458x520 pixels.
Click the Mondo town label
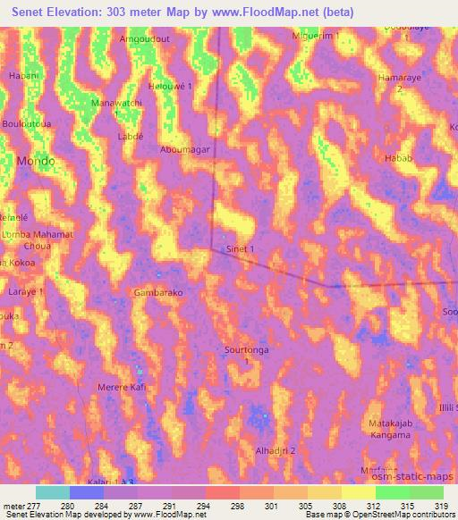point(36,161)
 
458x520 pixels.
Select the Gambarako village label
point(158,292)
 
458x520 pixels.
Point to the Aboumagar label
point(185,150)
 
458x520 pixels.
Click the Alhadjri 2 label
point(276,451)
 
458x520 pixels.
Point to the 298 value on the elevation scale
point(239,505)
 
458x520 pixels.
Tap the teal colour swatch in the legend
point(53,492)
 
